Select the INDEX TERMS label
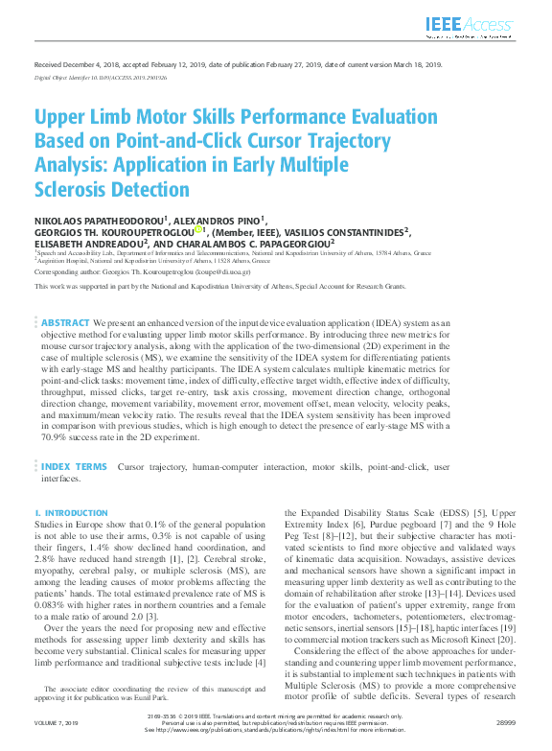[x=75, y=467]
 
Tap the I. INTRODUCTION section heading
[x=72, y=514]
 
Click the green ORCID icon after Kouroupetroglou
[x=198, y=230]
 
